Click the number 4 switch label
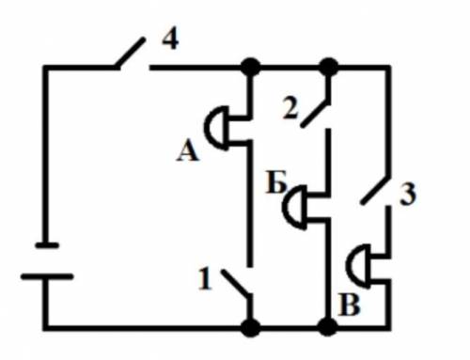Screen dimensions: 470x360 [x=170, y=40]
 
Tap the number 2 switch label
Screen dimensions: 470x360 [x=290, y=108]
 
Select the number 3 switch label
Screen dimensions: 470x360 [x=408, y=195]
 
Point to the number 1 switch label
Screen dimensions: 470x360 [x=205, y=279]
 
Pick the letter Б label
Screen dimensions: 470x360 [x=275, y=182]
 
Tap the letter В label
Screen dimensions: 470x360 [x=350, y=305]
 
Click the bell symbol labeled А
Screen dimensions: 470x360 [x=216, y=129]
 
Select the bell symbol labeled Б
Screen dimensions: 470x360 [x=294, y=208]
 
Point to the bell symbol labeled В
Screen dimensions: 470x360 [x=358, y=266]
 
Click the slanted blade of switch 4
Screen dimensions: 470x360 [x=130, y=53]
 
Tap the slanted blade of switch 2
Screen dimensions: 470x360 [x=315, y=114]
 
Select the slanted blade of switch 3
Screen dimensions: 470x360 [x=375, y=191]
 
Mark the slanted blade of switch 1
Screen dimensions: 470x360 [x=236, y=284]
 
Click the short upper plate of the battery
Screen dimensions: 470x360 [x=47, y=245]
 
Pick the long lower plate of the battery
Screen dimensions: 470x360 [x=47, y=276]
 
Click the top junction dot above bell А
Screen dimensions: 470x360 [x=250, y=67]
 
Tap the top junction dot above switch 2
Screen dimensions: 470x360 [x=329, y=67]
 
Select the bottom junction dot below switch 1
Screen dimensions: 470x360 [x=250, y=328]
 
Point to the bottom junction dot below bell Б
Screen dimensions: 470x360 [x=328, y=327]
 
